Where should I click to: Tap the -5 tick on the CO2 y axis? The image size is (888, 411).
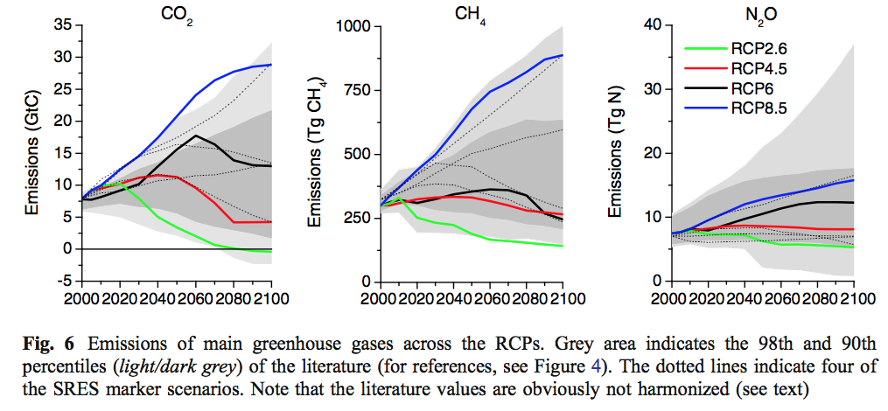click(x=64, y=281)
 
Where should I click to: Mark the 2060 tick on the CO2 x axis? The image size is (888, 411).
click(x=196, y=298)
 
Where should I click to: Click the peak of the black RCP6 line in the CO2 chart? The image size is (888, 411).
click(x=198, y=136)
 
